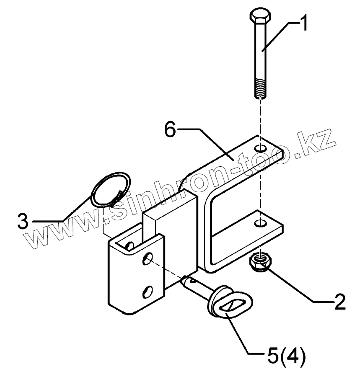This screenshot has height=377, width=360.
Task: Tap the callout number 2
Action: tap(337, 301)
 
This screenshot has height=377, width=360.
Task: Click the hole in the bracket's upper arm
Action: tap(261, 149)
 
